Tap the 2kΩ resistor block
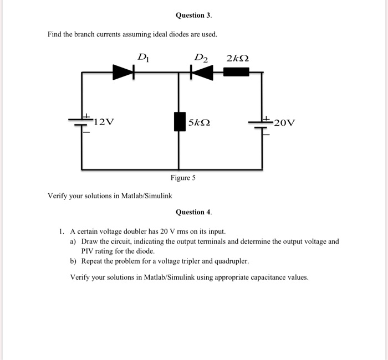236,72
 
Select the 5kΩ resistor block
180,122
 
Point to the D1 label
144,58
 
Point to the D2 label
201,58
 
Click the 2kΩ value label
238,58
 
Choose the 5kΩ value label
199,122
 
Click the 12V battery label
104,122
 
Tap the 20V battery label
284,122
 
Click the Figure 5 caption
183,178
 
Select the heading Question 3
194,16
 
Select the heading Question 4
194,212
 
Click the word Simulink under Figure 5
158,196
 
